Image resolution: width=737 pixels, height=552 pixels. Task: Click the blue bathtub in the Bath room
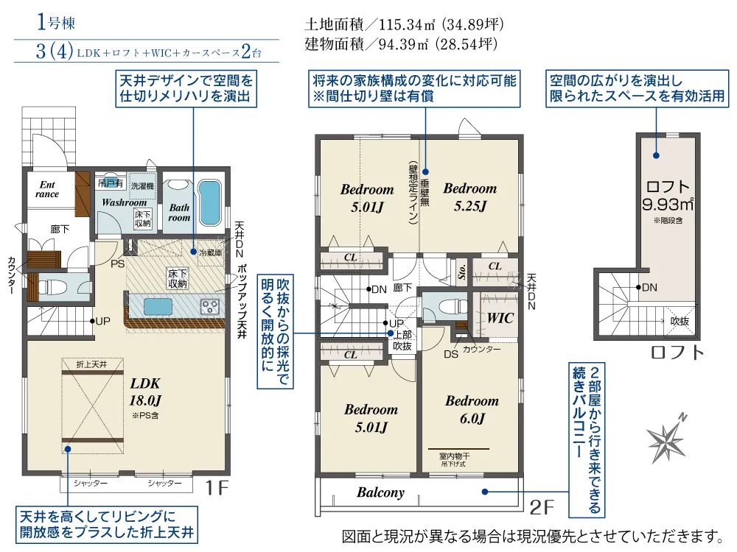coord(209,202)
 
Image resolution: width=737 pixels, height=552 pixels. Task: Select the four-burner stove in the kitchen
coord(209,306)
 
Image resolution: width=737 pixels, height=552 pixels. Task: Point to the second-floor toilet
coord(445,307)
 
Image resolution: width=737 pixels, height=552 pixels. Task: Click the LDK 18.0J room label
coord(145,392)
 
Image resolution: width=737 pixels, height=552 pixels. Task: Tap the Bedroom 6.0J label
coord(472,409)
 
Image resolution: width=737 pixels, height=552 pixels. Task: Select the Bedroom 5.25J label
coord(470,197)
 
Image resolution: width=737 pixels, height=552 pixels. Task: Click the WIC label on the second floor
coord(500,318)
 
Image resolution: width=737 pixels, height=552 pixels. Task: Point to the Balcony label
coord(381,492)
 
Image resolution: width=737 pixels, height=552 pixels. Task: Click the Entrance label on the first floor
coord(47,189)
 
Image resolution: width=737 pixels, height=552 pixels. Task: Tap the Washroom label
coord(124,203)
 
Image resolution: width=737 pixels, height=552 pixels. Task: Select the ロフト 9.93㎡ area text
coord(668,195)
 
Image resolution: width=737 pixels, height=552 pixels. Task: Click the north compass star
coord(666,439)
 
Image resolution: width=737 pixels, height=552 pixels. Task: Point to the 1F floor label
coord(217,488)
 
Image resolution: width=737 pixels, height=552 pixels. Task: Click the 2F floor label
coord(542,507)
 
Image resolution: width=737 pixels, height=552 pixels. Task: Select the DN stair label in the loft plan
coord(649,287)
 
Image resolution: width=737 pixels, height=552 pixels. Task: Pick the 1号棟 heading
coord(56,22)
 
